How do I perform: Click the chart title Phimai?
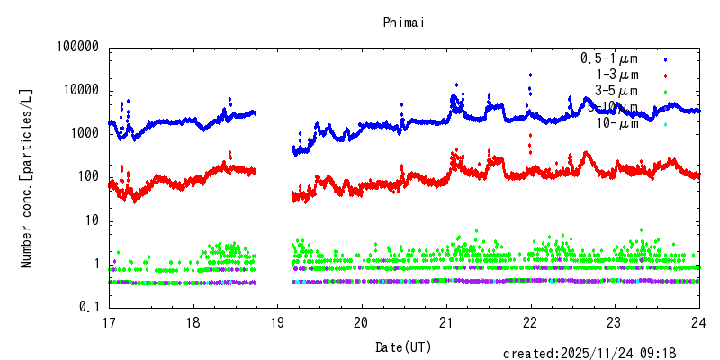(403, 21)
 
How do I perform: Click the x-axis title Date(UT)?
(403, 346)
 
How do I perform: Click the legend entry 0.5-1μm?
(609, 58)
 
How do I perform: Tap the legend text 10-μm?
(617, 123)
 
